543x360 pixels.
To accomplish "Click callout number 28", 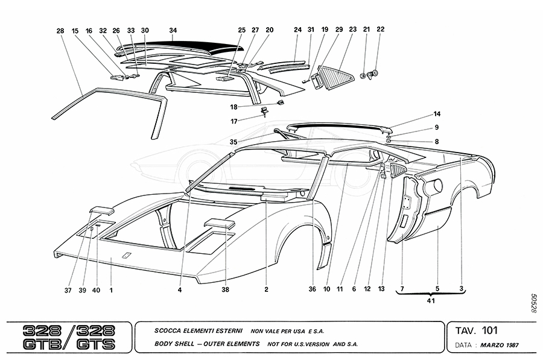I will [60, 30].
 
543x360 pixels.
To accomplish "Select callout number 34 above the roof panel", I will [173, 30].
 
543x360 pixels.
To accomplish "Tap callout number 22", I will [380, 29].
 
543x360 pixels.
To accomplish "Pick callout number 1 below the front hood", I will [112, 289].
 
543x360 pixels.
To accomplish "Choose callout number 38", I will [226, 289].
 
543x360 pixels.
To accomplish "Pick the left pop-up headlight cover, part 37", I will [101, 210].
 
